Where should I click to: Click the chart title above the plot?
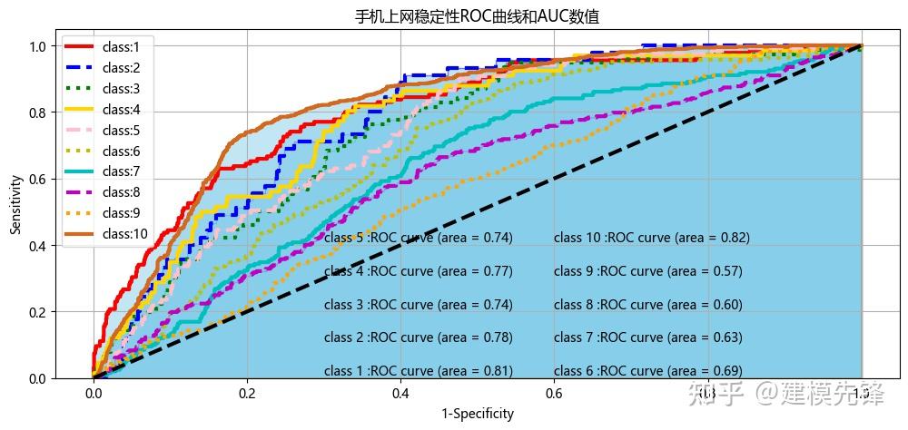pyautogui.click(x=477, y=17)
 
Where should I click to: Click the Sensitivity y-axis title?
pyautogui.click(x=15, y=207)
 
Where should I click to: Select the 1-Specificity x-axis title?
pyautogui.click(x=478, y=415)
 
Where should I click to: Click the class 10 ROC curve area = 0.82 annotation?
pyautogui.click(x=651, y=239)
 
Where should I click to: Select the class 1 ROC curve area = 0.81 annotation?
pyautogui.click(x=419, y=371)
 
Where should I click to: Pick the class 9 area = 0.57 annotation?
pyautogui.click(x=647, y=271)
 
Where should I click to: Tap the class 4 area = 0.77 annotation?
pyautogui.click(x=419, y=271)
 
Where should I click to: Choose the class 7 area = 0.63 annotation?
pyautogui.click(x=647, y=338)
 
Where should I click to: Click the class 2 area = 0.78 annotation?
pyautogui.click(x=419, y=338)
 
